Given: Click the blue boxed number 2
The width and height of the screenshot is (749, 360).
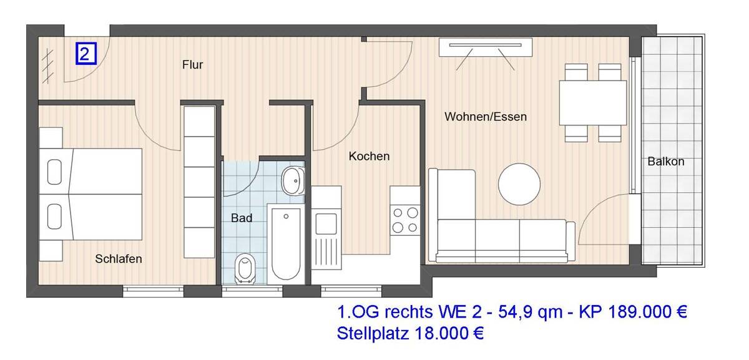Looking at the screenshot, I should tap(86, 54).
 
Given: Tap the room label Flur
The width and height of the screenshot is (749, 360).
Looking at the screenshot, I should tap(192, 65).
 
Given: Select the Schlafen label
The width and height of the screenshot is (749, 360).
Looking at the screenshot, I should tap(119, 259).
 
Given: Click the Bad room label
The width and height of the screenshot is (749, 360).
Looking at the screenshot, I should tap(242, 218).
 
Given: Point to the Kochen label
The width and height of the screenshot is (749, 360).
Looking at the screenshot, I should tap(369, 156).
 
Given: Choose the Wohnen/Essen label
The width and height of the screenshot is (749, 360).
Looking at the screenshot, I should tap(485, 117).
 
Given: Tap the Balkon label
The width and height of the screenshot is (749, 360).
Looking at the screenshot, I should tap(665, 161).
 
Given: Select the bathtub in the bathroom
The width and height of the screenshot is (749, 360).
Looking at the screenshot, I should tap(286, 243).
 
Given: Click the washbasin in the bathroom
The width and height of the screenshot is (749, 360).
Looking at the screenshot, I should tap(291, 180).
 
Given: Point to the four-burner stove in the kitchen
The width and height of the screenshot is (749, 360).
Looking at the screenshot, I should tap(404, 220).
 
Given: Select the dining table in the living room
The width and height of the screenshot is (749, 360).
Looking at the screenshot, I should tap(592, 103).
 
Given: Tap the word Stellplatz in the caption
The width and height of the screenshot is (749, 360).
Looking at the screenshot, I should tap(372, 333).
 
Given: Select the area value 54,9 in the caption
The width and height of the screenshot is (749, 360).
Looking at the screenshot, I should tap(510, 311).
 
